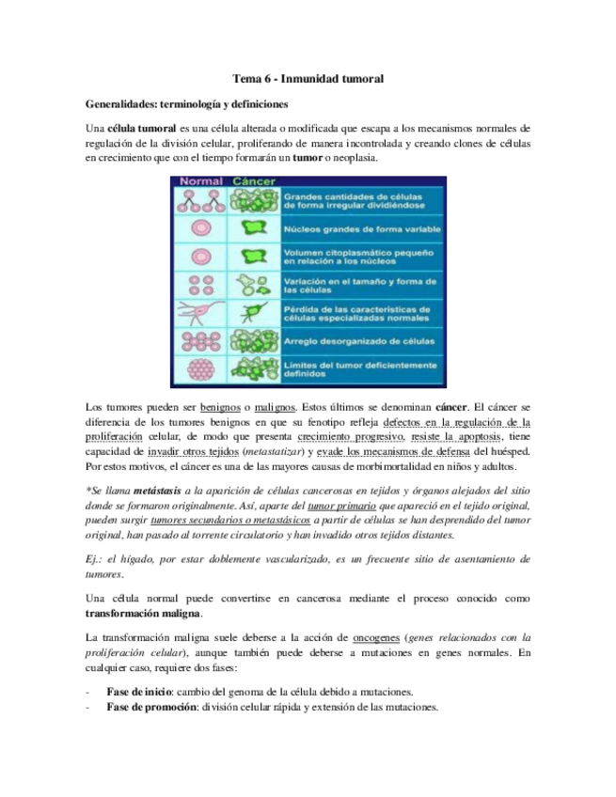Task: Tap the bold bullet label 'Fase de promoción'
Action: (152, 707)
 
